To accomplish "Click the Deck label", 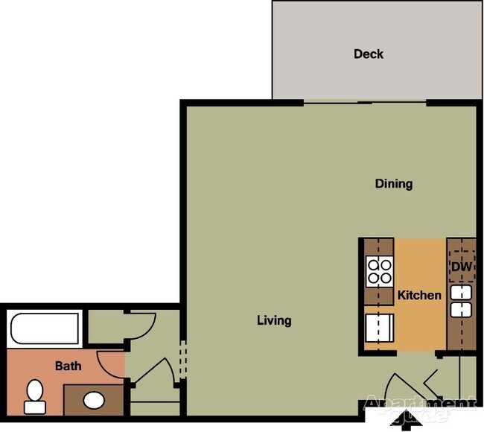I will (x=369, y=54).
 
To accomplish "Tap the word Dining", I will (x=393, y=184).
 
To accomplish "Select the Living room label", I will (x=274, y=321).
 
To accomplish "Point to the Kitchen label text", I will (x=419, y=295).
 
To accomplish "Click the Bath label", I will (x=68, y=366).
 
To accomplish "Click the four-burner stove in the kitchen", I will (x=379, y=271).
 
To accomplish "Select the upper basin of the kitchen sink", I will (x=461, y=292).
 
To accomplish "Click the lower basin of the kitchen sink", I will (x=461, y=309).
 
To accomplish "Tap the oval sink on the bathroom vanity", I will (x=94, y=400).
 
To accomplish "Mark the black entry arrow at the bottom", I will (x=407, y=422).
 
